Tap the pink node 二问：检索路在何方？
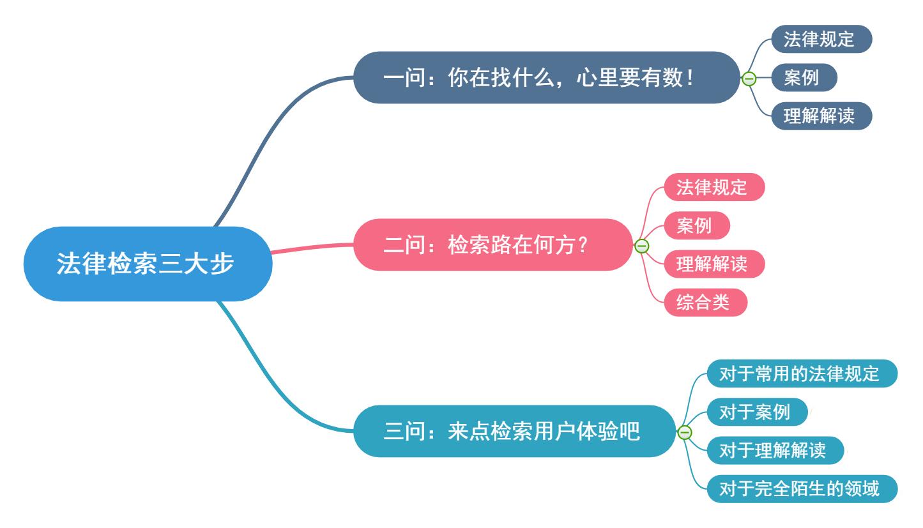pyautogui.click(x=492, y=245)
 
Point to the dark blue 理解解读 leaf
pyautogui.click(x=819, y=117)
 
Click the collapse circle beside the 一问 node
pyautogui.click(x=749, y=79)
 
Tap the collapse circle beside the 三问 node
pyautogui.click(x=684, y=433)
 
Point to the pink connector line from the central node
pyautogui.click(x=313, y=248)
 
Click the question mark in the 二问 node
pyautogui.click(x=581, y=246)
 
